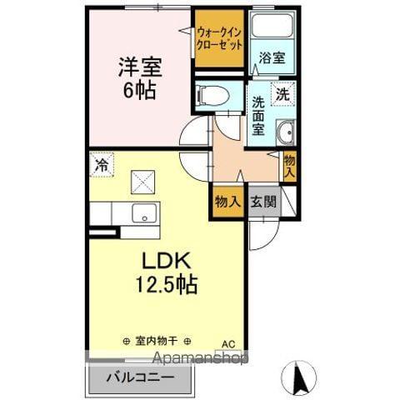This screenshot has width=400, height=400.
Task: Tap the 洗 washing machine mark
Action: (x=283, y=94)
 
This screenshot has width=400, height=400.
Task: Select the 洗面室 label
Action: (x=259, y=116)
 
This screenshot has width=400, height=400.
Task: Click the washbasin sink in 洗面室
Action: (x=285, y=132)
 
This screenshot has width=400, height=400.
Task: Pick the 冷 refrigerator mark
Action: (x=100, y=165)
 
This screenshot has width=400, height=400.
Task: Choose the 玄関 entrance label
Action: (x=262, y=202)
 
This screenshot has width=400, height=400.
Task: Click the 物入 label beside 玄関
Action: (x=227, y=202)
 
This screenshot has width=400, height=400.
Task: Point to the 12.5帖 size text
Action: (x=167, y=285)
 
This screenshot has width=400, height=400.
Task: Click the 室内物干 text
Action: (x=156, y=340)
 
